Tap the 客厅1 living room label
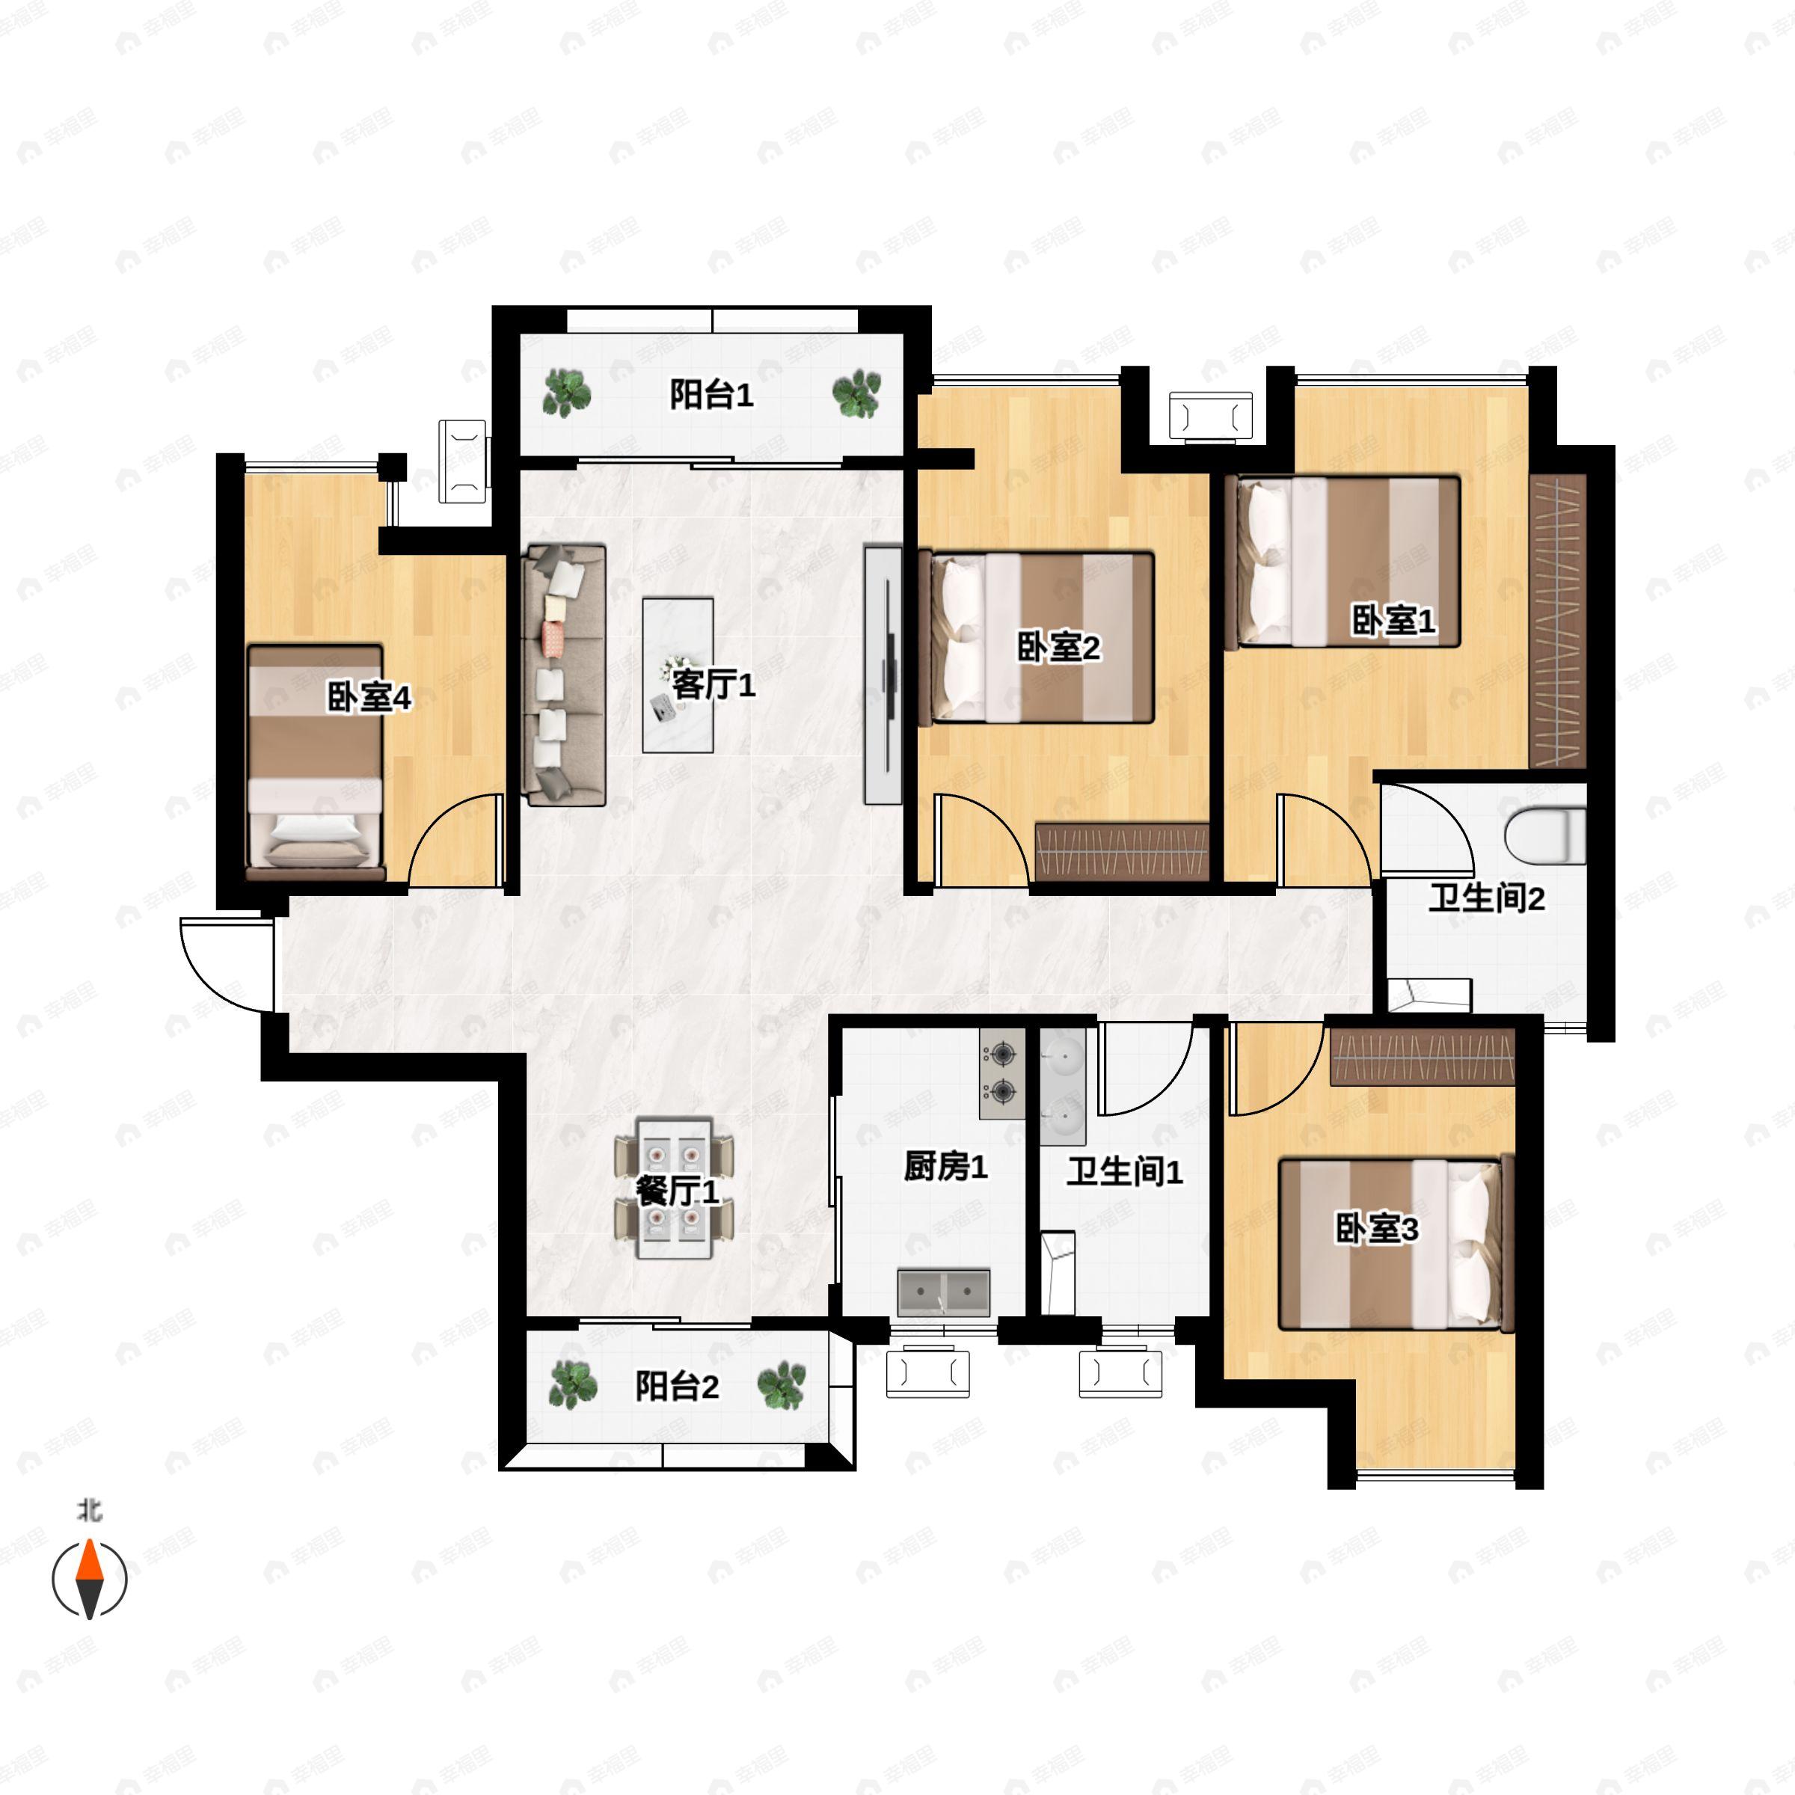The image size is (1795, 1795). point(714,686)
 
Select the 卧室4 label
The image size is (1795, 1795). point(369,698)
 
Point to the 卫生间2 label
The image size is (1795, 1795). point(1487,898)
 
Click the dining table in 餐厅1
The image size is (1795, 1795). point(674,1188)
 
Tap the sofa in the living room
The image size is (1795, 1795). point(564,675)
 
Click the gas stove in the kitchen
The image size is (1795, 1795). point(1002,1073)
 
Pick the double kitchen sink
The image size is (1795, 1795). point(943,1292)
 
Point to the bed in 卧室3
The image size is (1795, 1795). point(1396,1243)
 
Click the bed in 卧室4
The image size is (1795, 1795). point(316,762)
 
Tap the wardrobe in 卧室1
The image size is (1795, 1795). point(1557,622)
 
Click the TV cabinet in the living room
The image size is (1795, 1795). point(883,674)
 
